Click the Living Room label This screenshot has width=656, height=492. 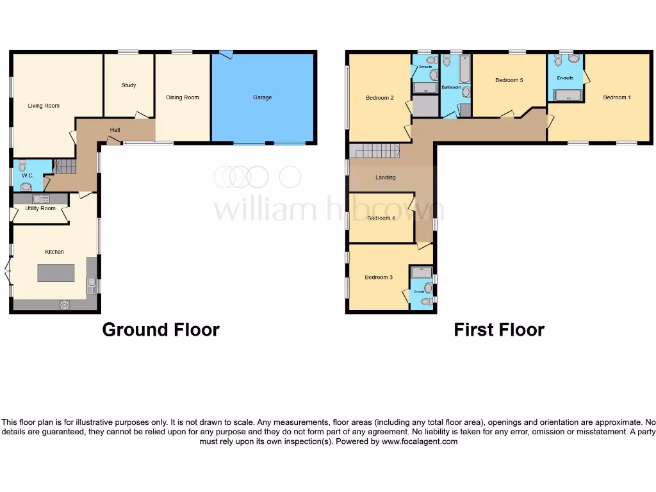pyautogui.click(x=44, y=106)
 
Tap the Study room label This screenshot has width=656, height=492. pyautogui.click(x=129, y=85)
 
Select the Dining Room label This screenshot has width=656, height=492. pyautogui.click(x=183, y=97)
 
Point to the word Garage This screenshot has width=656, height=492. pyautogui.click(x=262, y=97)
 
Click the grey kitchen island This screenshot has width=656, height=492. pyautogui.click(x=56, y=273)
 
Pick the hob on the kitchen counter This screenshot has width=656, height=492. pyautogui.click(x=65, y=305)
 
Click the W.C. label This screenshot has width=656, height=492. pyautogui.click(x=27, y=175)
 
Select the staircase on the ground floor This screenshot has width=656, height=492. pyautogui.click(x=64, y=167)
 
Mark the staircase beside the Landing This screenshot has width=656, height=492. pyautogui.click(x=374, y=151)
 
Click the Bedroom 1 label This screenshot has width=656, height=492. pyautogui.click(x=616, y=97)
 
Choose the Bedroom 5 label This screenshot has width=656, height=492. pyautogui.click(x=509, y=80)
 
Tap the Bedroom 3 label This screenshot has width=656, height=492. pyautogui.click(x=378, y=277)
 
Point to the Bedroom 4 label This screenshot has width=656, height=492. pyautogui.click(x=381, y=218)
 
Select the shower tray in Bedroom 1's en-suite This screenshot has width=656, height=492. pyautogui.click(x=567, y=96)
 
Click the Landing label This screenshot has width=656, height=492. pyautogui.click(x=386, y=177)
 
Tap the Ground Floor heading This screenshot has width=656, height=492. pyautogui.click(x=161, y=330)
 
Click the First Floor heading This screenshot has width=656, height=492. pyautogui.click(x=499, y=330)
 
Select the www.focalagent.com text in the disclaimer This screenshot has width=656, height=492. pyautogui.click(x=420, y=441)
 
